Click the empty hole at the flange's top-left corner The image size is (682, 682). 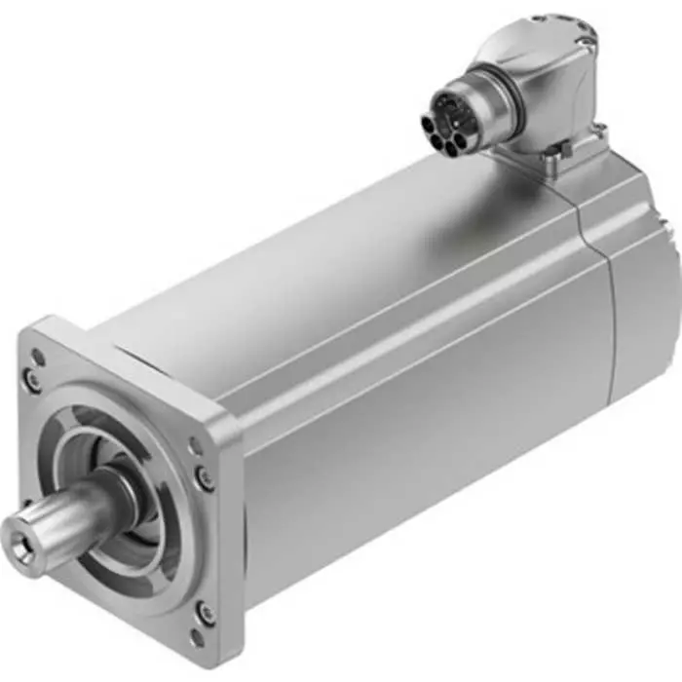pos(38,358)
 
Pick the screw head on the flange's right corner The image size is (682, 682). pos(204,476)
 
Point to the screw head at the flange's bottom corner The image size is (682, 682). pos(206,612)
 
